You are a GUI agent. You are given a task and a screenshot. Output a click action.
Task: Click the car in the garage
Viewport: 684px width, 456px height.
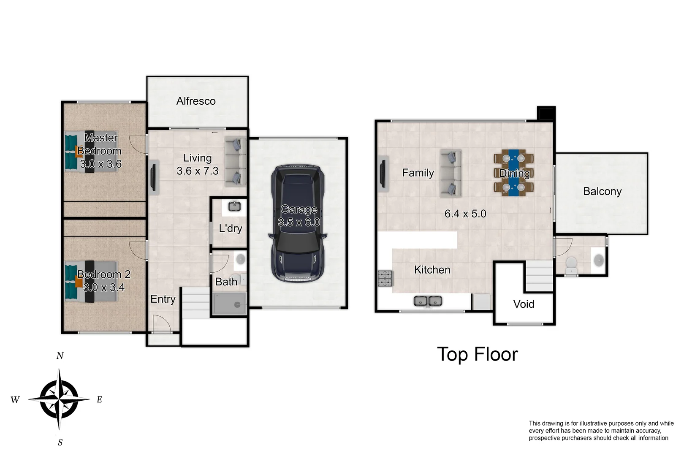(298, 224)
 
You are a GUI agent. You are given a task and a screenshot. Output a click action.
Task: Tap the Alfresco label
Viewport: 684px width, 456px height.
(196, 101)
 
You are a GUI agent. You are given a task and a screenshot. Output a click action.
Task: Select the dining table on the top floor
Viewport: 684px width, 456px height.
(513, 173)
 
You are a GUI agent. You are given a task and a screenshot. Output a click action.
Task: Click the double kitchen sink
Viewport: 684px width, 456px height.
(428, 301)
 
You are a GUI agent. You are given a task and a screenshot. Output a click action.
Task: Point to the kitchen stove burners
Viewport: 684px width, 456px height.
(385, 278)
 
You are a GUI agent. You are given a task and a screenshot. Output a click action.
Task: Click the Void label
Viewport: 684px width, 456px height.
(524, 304)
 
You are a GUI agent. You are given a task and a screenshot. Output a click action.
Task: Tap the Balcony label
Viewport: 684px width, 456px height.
(602, 191)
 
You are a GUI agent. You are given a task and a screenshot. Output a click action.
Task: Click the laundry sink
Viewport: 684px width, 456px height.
(234, 206)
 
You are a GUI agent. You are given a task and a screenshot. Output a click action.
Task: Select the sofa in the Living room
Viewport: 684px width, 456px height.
(235, 162)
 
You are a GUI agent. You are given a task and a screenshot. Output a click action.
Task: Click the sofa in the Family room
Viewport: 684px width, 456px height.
(451, 173)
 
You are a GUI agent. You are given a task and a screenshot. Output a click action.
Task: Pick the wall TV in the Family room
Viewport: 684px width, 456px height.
(383, 173)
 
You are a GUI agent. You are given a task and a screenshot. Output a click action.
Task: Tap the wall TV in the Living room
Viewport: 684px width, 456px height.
(153, 177)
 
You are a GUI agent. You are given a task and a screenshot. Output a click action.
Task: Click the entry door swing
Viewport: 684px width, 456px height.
(161, 324)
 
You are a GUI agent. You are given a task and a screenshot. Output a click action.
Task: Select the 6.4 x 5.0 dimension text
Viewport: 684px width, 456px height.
(465, 214)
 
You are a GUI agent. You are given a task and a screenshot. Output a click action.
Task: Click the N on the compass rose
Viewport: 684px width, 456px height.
(60, 356)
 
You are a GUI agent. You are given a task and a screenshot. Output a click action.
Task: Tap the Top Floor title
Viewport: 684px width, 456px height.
(477, 354)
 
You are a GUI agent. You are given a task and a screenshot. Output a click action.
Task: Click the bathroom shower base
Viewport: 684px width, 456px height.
(229, 304)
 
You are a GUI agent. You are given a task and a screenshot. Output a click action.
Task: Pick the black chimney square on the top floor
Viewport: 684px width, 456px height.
(546, 114)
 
